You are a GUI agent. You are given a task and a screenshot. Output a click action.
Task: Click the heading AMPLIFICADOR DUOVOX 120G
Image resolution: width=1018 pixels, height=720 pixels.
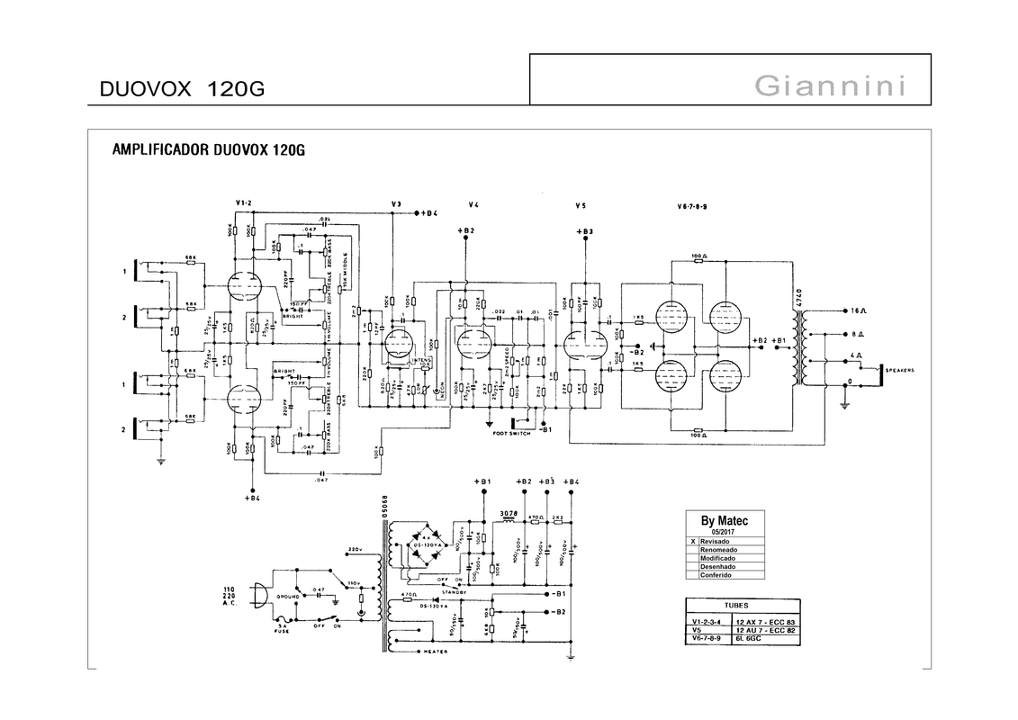point(208,149)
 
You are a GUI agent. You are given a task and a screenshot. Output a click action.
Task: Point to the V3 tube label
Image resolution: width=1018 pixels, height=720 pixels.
point(397,204)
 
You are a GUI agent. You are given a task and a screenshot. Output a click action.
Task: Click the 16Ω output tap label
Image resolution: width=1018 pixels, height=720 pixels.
point(857,310)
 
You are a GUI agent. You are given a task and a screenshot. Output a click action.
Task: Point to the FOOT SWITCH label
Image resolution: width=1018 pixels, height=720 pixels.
point(512,433)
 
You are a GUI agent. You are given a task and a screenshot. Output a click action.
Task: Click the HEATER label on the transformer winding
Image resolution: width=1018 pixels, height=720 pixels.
point(436,652)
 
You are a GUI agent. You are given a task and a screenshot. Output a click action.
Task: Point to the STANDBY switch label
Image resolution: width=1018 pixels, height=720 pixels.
point(453,591)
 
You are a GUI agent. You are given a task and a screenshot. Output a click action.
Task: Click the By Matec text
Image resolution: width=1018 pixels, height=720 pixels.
point(724,521)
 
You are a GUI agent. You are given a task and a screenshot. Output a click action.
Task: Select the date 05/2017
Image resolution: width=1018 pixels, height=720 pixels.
point(724,532)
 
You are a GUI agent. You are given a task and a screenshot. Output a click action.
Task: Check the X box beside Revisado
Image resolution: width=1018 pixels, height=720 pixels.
point(692,542)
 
